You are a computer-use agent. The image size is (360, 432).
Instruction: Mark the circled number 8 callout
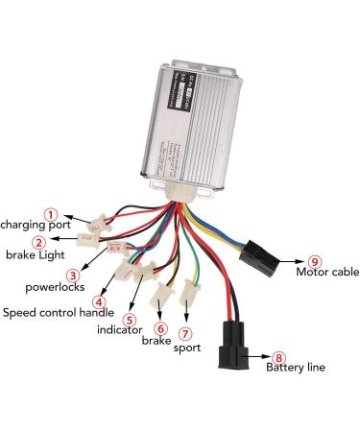click(x=279, y=355)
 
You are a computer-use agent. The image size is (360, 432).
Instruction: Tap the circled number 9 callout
click(x=313, y=261)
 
